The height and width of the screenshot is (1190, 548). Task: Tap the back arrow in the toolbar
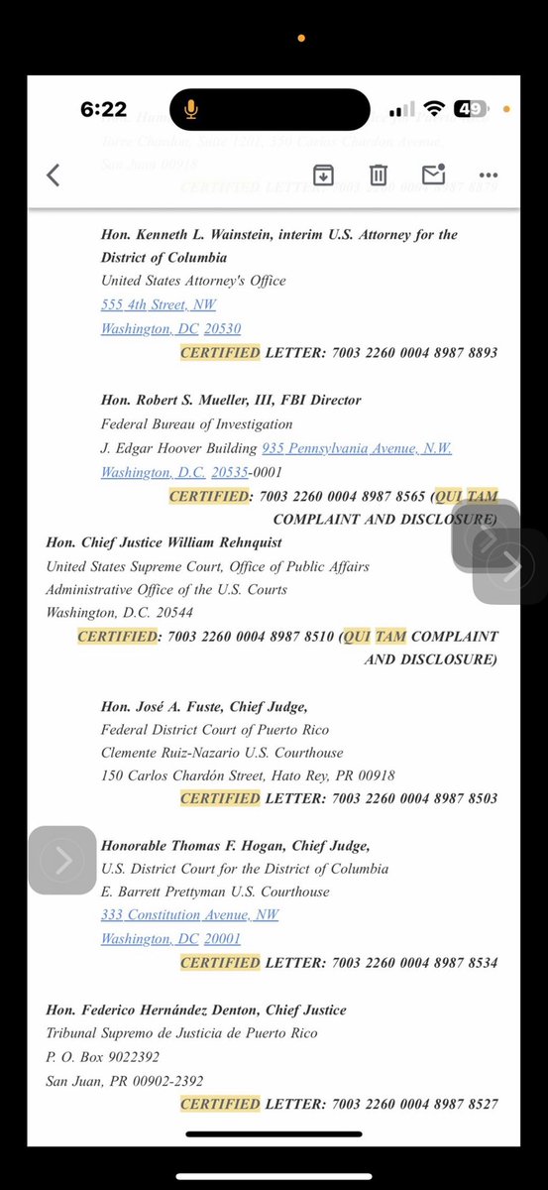(54, 176)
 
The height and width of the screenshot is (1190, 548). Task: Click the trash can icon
(378, 176)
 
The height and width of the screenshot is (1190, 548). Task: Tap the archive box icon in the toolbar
(323, 176)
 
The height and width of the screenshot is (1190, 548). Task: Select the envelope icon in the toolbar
(433, 175)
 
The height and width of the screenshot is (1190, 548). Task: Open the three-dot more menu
(488, 176)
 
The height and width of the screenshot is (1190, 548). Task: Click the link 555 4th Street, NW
(159, 304)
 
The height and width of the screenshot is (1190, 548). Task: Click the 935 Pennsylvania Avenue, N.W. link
(357, 448)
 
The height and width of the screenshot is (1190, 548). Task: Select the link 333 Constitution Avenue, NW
(190, 915)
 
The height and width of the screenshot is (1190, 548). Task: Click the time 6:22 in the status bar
(103, 109)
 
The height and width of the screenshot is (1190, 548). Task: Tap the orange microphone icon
(190, 109)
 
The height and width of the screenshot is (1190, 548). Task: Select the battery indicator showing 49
(470, 109)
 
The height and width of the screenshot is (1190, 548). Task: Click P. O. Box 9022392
(103, 1057)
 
